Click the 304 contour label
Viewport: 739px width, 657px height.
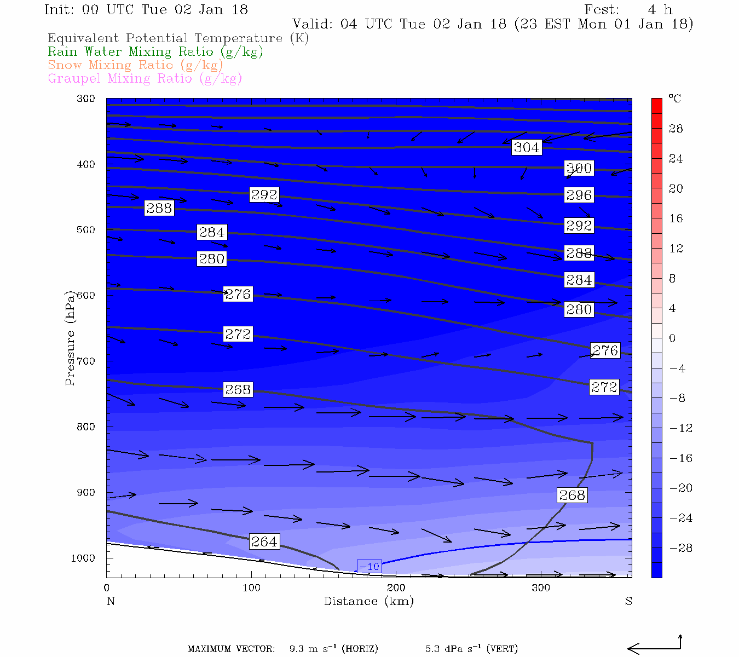[x=527, y=147]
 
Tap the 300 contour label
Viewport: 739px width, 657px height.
[x=579, y=168]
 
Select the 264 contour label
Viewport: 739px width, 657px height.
[x=264, y=541]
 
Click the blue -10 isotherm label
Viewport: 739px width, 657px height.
[x=370, y=567]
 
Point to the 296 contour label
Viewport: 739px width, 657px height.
[x=579, y=195]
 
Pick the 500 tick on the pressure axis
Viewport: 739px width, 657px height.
[x=86, y=230]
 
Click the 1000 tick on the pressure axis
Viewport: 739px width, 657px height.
[x=83, y=558]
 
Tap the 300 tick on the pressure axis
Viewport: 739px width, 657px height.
[x=86, y=99]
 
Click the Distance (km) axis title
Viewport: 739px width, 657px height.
[x=368, y=601]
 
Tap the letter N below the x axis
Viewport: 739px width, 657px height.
[x=111, y=601]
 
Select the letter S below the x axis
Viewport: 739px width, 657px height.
[x=628, y=601]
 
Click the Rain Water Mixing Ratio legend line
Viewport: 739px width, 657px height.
[x=155, y=52]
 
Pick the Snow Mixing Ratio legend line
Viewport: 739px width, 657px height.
[x=135, y=65]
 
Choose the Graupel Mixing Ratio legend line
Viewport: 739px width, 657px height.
[x=145, y=78]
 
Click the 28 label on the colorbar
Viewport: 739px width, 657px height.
[x=676, y=129]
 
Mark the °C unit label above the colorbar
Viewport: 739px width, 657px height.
[x=674, y=99]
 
